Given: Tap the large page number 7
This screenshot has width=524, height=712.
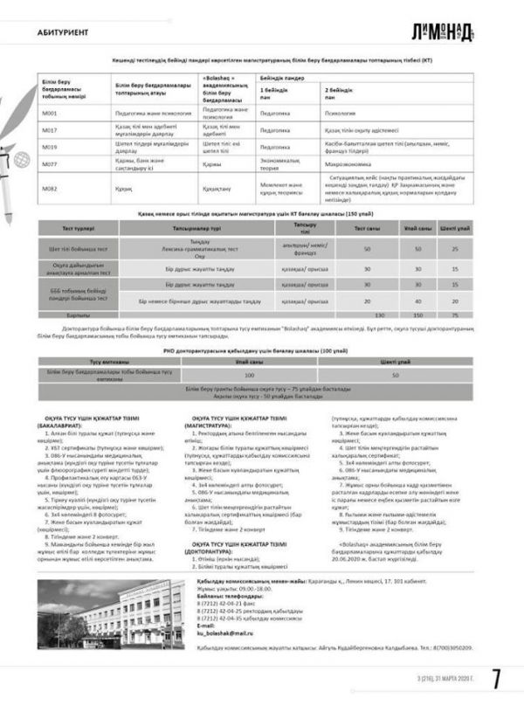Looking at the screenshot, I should [x=495, y=679].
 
